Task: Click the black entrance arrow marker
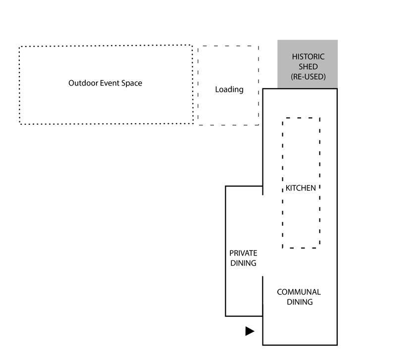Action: pyautogui.click(x=250, y=331)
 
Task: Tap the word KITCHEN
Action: pyautogui.click(x=301, y=188)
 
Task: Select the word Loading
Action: pyautogui.click(x=229, y=90)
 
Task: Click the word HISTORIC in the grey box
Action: pyautogui.click(x=308, y=57)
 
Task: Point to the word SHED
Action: pyautogui.click(x=308, y=67)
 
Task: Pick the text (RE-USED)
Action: pyautogui.click(x=308, y=77)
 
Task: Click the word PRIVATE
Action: pyautogui.click(x=243, y=253)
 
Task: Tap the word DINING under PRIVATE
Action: pyautogui.click(x=243, y=263)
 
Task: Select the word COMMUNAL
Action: pyautogui.click(x=299, y=292)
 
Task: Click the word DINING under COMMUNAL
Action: pyautogui.click(x=300, y=302)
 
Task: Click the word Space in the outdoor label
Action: pyautogui.click(x=132, y=83)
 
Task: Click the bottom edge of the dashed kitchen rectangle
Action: pyautogui.click(x=301, y=248)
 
